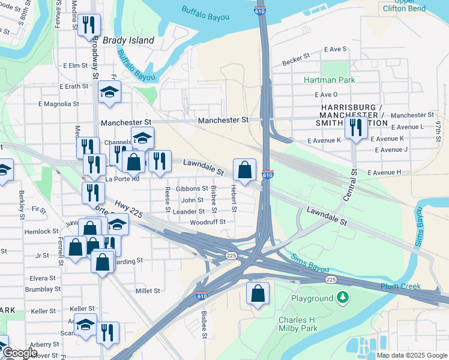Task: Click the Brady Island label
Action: pos(128,40)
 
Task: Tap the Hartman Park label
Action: pos(329,80)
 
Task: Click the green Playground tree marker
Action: pos(342,297)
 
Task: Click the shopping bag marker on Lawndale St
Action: pos(245,170)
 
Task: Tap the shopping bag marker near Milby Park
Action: pos(258,294)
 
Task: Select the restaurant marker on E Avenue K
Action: pos(356,128)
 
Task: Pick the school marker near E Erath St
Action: pos(109,92)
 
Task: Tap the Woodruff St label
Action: pos(207,222)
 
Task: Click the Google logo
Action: pos(19,353)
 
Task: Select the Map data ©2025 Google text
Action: pos(412,355)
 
